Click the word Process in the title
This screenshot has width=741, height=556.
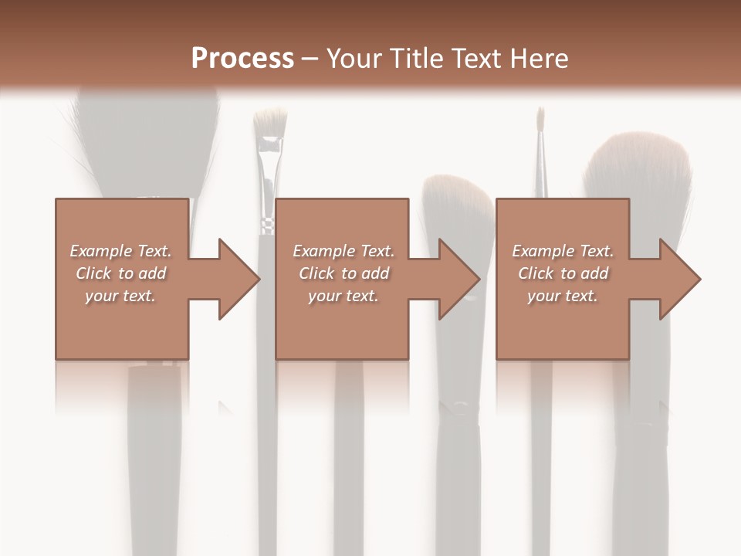[x=242, y=59]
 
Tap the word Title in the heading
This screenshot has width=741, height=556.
[x=418, y=59]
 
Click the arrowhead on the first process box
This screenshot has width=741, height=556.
[x=239, y=279]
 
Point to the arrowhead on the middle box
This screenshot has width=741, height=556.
[x=459, y=279]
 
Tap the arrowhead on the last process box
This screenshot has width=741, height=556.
[x=680, y=279]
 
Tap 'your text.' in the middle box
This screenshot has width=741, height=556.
[x=343, y=296]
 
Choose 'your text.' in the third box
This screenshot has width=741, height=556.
[x=562, y=296]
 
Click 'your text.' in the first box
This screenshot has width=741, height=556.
[x=120, y=296]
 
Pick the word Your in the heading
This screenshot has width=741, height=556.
[x=356, y=59]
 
